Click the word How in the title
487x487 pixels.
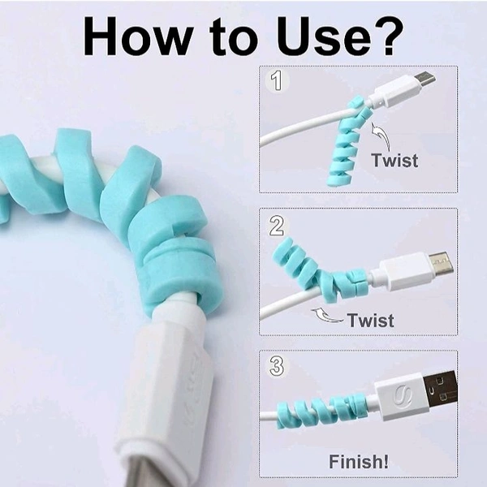(x=137, y=36)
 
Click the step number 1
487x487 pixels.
(x=277, y=80)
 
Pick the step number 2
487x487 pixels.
(x=277, y=226)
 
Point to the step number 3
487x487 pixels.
(x=277, y=366)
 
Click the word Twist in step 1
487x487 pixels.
(x=394, y=160)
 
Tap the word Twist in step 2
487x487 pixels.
(x=371, y=320)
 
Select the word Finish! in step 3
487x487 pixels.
(x=359, y=461)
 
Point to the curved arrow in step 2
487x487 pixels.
(x=326, y=315)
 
